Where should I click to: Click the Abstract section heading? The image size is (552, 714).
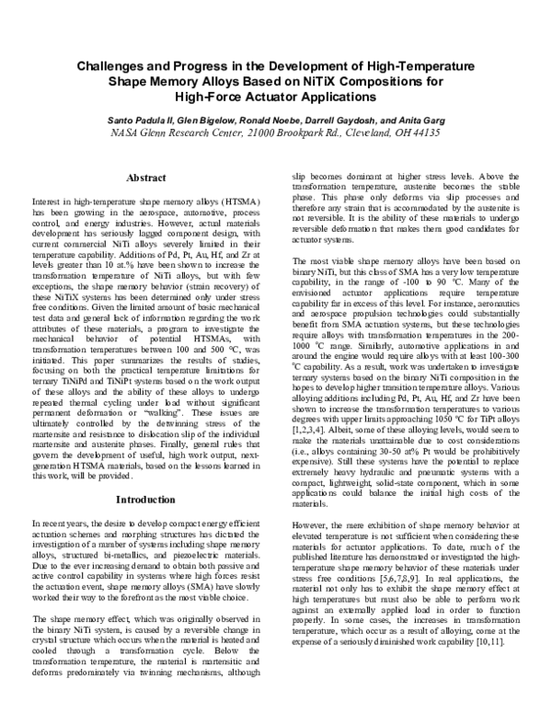145,177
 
